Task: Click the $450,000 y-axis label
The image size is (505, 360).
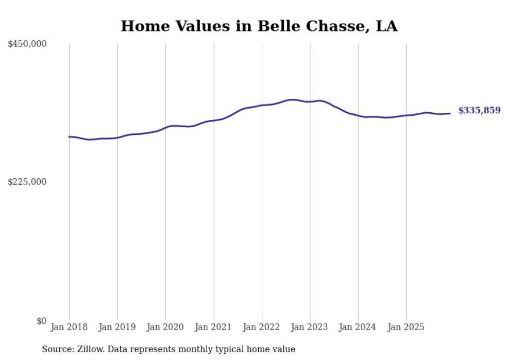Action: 27,44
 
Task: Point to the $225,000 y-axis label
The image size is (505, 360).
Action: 27,182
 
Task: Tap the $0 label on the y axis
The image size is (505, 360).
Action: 41,321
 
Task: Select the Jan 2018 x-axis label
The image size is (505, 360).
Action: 69,327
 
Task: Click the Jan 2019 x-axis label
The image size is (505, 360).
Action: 117,327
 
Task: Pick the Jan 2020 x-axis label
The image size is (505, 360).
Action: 165,327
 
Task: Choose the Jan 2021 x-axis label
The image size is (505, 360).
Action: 213,327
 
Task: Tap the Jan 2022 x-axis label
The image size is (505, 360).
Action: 262,327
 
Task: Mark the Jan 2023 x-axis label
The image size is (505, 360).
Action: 310,327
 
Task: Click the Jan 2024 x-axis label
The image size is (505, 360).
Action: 358,327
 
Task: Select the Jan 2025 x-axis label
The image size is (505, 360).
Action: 406,327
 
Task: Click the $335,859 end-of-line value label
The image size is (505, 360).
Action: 479,110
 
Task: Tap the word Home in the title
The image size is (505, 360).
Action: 142,26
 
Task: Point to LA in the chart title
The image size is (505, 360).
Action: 386,26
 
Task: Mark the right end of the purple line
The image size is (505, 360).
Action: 450,113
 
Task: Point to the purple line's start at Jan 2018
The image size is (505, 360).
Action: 69,136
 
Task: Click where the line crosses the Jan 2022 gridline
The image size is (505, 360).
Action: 262,105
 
